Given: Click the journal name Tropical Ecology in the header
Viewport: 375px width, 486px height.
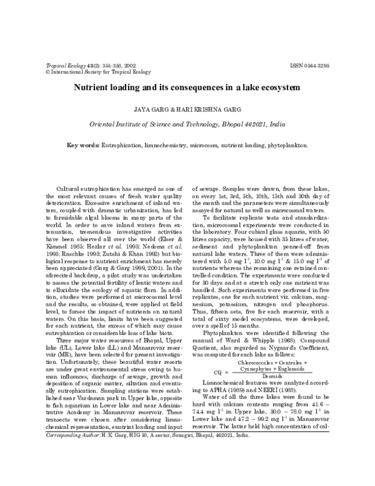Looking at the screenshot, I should coord(65,65).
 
